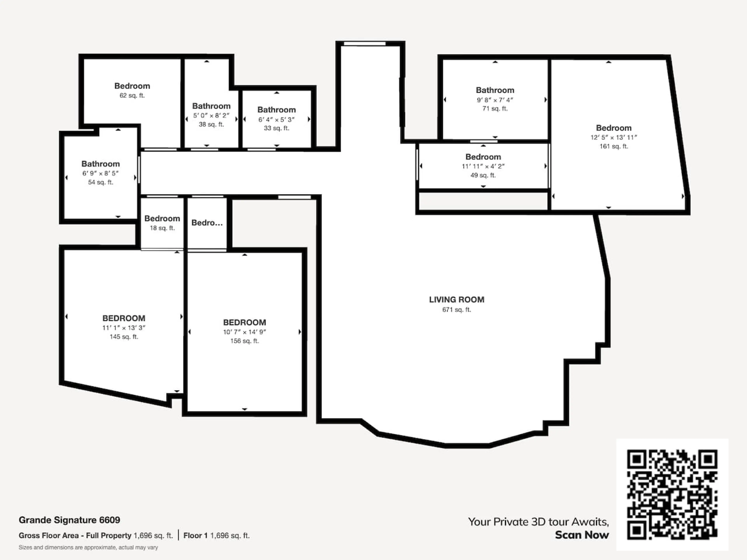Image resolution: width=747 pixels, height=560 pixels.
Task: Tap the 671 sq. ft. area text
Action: pyautogui.click(x=457, y=310)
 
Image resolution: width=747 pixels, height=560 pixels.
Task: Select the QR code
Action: pyautogui.click(x=672, y=494)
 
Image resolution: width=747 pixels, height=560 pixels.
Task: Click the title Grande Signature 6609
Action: pyautogui.click(x=69, y=520)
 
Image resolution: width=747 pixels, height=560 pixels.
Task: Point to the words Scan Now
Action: pyautogui.click(x=582, y=535)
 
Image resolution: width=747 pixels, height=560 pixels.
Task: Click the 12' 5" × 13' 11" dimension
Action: pyautogui.click(x=614, y=137)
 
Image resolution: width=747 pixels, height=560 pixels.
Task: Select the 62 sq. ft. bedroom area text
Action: pyautogui.click(x=132, y=95)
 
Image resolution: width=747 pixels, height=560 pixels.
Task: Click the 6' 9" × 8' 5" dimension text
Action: pyautogui.click(x=100, y=173)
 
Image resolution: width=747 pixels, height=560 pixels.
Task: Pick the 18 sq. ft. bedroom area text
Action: pyautogui.click(x=162, y=228)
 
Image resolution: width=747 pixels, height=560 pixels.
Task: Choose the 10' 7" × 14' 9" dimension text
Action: pyautogui.click(x=245, y=332)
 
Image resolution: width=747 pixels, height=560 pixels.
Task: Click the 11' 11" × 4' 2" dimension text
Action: pyautogui.click(x=483, y=166)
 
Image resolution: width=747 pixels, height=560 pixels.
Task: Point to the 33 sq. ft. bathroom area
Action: pyautogui.click(x=277, y=128)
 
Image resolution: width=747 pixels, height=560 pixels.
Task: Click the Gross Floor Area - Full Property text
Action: pyautogui.click(x=75, y=536)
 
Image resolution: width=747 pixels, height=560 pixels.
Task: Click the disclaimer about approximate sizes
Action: pyautogui.click(x=88, y=548)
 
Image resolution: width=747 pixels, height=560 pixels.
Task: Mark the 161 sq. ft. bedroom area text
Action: pyautogui.click(x=614, y=146)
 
